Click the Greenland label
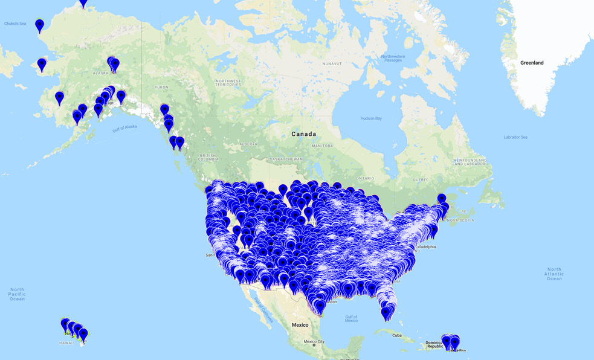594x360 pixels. [532, 63]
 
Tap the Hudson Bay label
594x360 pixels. [370, 118]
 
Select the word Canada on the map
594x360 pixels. [303, 134]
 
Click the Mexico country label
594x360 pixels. [300, 325]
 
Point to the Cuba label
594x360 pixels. [396, 335]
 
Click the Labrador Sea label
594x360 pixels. [515, 137]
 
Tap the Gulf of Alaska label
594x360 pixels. [124, 128]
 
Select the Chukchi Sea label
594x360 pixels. [15, 24]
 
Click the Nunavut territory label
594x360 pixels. [332, 63]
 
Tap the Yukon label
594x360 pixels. [162, 88]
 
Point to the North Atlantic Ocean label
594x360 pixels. [554, 274]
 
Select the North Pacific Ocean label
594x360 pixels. [17, 294]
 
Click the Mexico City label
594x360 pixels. [314, 342]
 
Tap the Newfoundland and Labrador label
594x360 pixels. [470, 162]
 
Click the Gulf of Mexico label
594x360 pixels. [351, 318]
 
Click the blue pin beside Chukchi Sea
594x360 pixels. [39, 25]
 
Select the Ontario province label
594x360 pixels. [366, 178]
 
